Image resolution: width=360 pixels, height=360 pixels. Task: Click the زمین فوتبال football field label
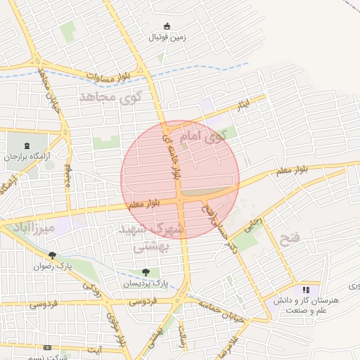pos(167,37)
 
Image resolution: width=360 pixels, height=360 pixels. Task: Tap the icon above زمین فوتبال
pos(167,26)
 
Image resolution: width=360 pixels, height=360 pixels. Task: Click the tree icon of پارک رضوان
pos(52,256)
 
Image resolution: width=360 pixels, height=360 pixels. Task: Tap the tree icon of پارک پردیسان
pos(145,272)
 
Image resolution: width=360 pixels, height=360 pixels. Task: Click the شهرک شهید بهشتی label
pos(158,237)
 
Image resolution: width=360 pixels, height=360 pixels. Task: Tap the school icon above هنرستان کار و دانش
pos(305,289)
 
